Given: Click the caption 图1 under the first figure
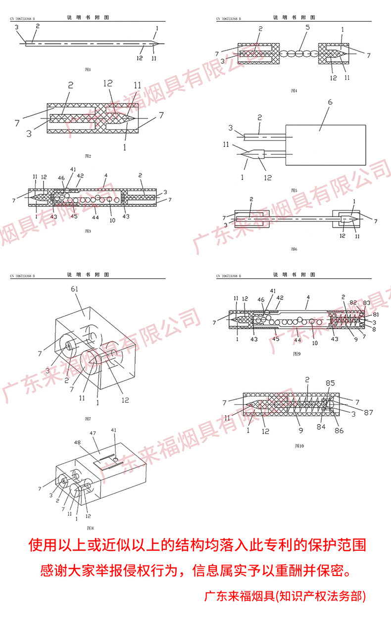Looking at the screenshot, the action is point(88,70).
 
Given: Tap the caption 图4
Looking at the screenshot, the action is point(293,90).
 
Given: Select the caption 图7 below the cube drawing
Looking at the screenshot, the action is point(88,419).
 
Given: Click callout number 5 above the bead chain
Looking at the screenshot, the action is point(307,27).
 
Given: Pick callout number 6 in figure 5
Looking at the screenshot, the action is point(330,103).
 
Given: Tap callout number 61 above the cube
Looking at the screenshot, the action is point(75,288).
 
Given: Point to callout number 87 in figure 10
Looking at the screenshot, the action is point(368,411).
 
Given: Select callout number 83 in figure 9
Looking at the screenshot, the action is point(366,302).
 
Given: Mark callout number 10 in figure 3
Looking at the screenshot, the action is point(112,220).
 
